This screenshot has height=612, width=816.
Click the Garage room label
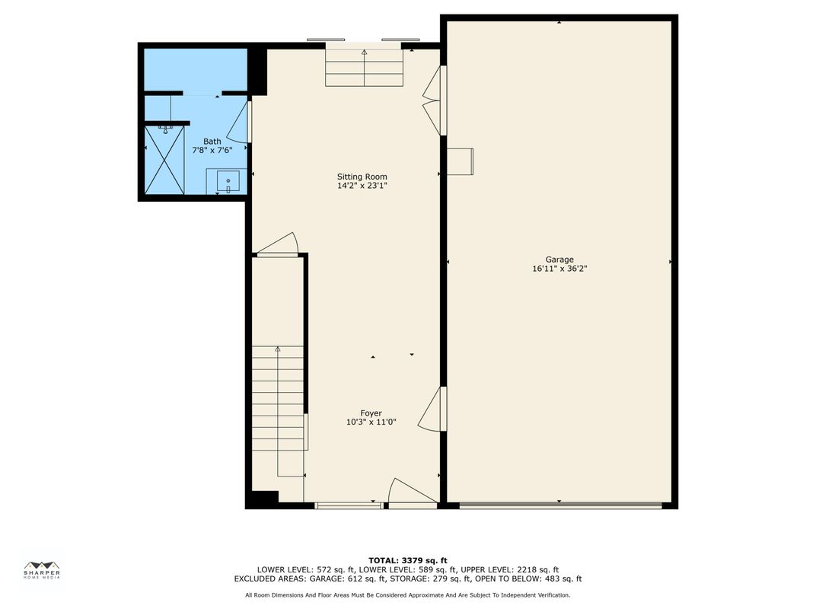pos(559,260)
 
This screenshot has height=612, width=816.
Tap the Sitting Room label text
pos(362,177)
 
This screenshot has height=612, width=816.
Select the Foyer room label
pos(371,413)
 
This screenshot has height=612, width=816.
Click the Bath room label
pos(212,141)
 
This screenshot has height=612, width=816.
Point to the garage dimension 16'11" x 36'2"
pos(559,269)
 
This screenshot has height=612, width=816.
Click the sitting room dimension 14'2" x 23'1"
pos(362,185)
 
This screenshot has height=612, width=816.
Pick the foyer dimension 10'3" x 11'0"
pos(371,422)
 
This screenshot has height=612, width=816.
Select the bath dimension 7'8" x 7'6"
pos(212,150)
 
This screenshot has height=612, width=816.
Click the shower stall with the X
pos(164,161)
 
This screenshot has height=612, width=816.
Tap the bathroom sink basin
pos(228,181)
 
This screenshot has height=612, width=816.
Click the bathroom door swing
pos(239,123)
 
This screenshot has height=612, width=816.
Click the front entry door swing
pos(413,492)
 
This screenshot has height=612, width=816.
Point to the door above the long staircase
pos(277,244)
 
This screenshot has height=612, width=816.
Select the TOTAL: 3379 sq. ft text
pos(408,560)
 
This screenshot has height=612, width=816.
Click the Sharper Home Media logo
pos(42,570)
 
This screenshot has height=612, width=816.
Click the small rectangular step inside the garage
pos(460,161)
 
